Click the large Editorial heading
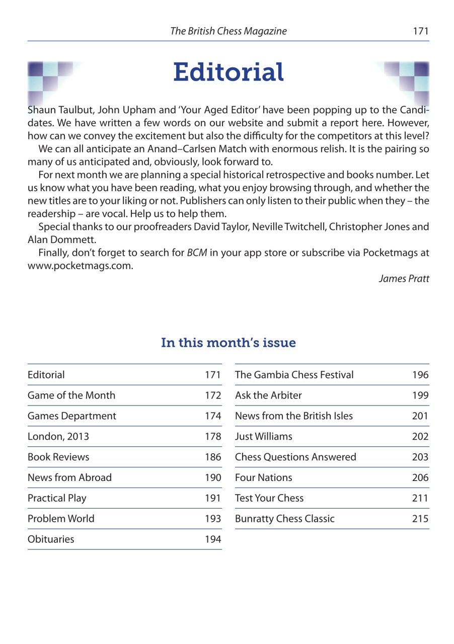coord(228,72)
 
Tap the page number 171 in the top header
coord(420,31)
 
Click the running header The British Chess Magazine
coord(228,31)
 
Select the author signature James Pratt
coord(404,279)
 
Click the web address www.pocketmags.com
coord(80,266)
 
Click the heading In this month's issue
coord(228,343)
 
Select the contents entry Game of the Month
coord(71,395)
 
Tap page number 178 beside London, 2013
coord(213,437)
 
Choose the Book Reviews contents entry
coord(58,457)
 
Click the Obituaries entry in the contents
coord(51,539)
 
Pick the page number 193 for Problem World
coord(213,519)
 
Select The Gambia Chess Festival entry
coord(294,375)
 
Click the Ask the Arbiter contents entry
coord(268,395)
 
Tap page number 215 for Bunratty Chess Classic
coord(420,519)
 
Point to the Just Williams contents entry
coord(263,437)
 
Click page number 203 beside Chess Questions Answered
coord(420,457)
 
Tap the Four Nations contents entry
coord(263,478)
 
